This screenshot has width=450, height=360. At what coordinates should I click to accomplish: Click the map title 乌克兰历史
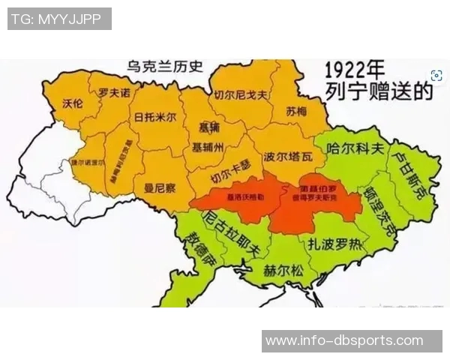[x=165, y=66]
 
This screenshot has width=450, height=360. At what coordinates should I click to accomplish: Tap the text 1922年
[x=358, y=70]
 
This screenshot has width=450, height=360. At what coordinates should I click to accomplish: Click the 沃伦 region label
[x=72, y=105]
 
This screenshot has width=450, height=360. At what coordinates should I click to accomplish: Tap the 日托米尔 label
[x=155, y=118]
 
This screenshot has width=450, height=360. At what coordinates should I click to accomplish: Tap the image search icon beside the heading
[x=436, y=75]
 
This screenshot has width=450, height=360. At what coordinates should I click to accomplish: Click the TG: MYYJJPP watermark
[x=59, y=19]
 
